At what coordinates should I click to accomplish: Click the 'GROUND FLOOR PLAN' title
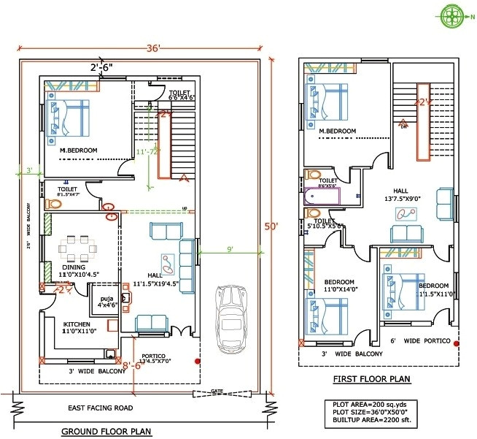click(106, 431)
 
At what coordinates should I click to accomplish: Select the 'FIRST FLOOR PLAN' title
click(371, 378)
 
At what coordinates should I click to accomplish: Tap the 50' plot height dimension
click(271, 226)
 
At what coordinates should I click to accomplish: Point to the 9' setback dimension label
click(230, 249)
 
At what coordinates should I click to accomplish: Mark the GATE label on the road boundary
click(217, 392)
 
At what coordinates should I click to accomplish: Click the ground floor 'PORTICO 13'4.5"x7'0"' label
click(152, 359)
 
